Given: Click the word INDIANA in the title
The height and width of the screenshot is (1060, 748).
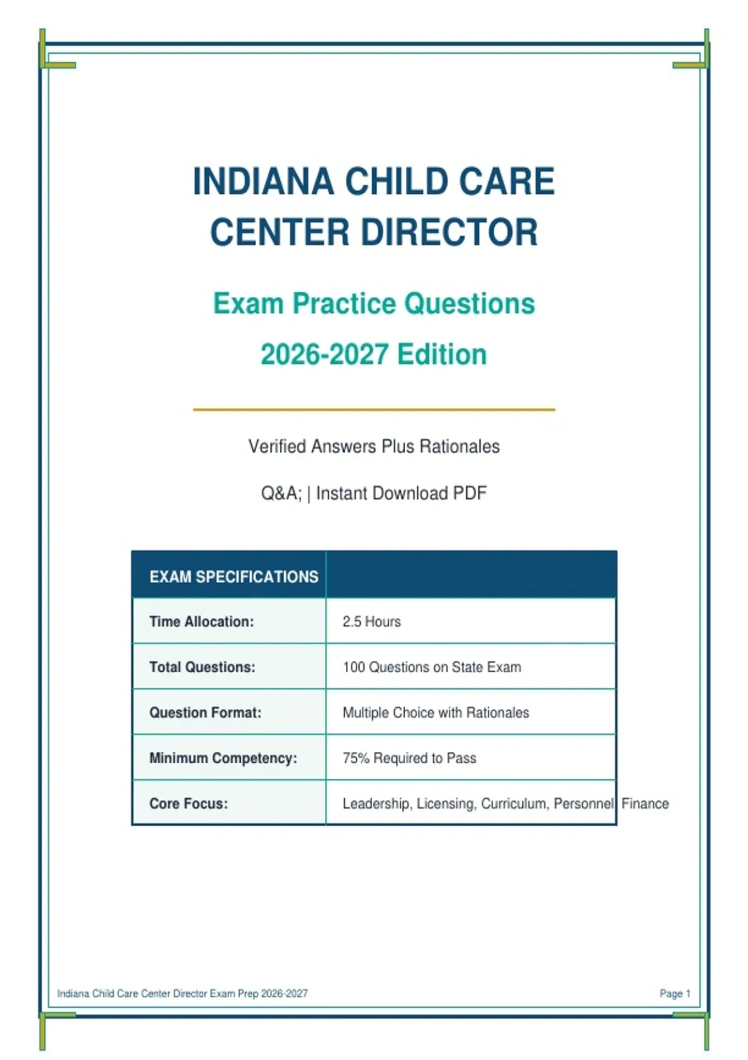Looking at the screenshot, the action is point(264,181).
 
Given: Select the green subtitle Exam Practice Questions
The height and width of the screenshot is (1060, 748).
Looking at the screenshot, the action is point(374,303).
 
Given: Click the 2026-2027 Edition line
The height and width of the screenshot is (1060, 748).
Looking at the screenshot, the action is point(374,354).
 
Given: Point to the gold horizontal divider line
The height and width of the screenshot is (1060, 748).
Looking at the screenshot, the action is point(374,409).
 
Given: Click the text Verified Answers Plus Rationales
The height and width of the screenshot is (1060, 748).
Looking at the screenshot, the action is point(374,446).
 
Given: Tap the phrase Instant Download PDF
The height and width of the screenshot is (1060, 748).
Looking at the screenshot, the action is point(401,493).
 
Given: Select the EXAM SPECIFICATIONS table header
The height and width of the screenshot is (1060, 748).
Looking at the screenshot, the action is point(234,576).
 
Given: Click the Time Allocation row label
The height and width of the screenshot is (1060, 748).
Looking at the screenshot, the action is point(201,621).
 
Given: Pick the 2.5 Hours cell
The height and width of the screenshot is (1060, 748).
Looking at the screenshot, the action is point(372,621).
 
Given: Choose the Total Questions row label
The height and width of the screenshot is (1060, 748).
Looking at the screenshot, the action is point(202,667).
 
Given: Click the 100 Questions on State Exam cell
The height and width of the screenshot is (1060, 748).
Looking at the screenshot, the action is point(431,667).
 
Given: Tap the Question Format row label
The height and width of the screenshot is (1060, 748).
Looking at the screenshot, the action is point(205,712).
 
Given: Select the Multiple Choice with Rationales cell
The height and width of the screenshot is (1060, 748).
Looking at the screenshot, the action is point(436,712).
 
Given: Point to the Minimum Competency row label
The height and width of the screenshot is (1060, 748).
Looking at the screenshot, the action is point(223,758).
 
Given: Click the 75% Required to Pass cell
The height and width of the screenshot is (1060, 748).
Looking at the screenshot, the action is point(410,758).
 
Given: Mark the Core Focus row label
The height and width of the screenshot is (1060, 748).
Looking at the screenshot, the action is point(188,803).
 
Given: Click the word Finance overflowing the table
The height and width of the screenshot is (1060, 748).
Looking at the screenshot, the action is point(645,803).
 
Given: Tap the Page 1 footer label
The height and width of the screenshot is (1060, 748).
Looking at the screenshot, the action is point(675,993).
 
